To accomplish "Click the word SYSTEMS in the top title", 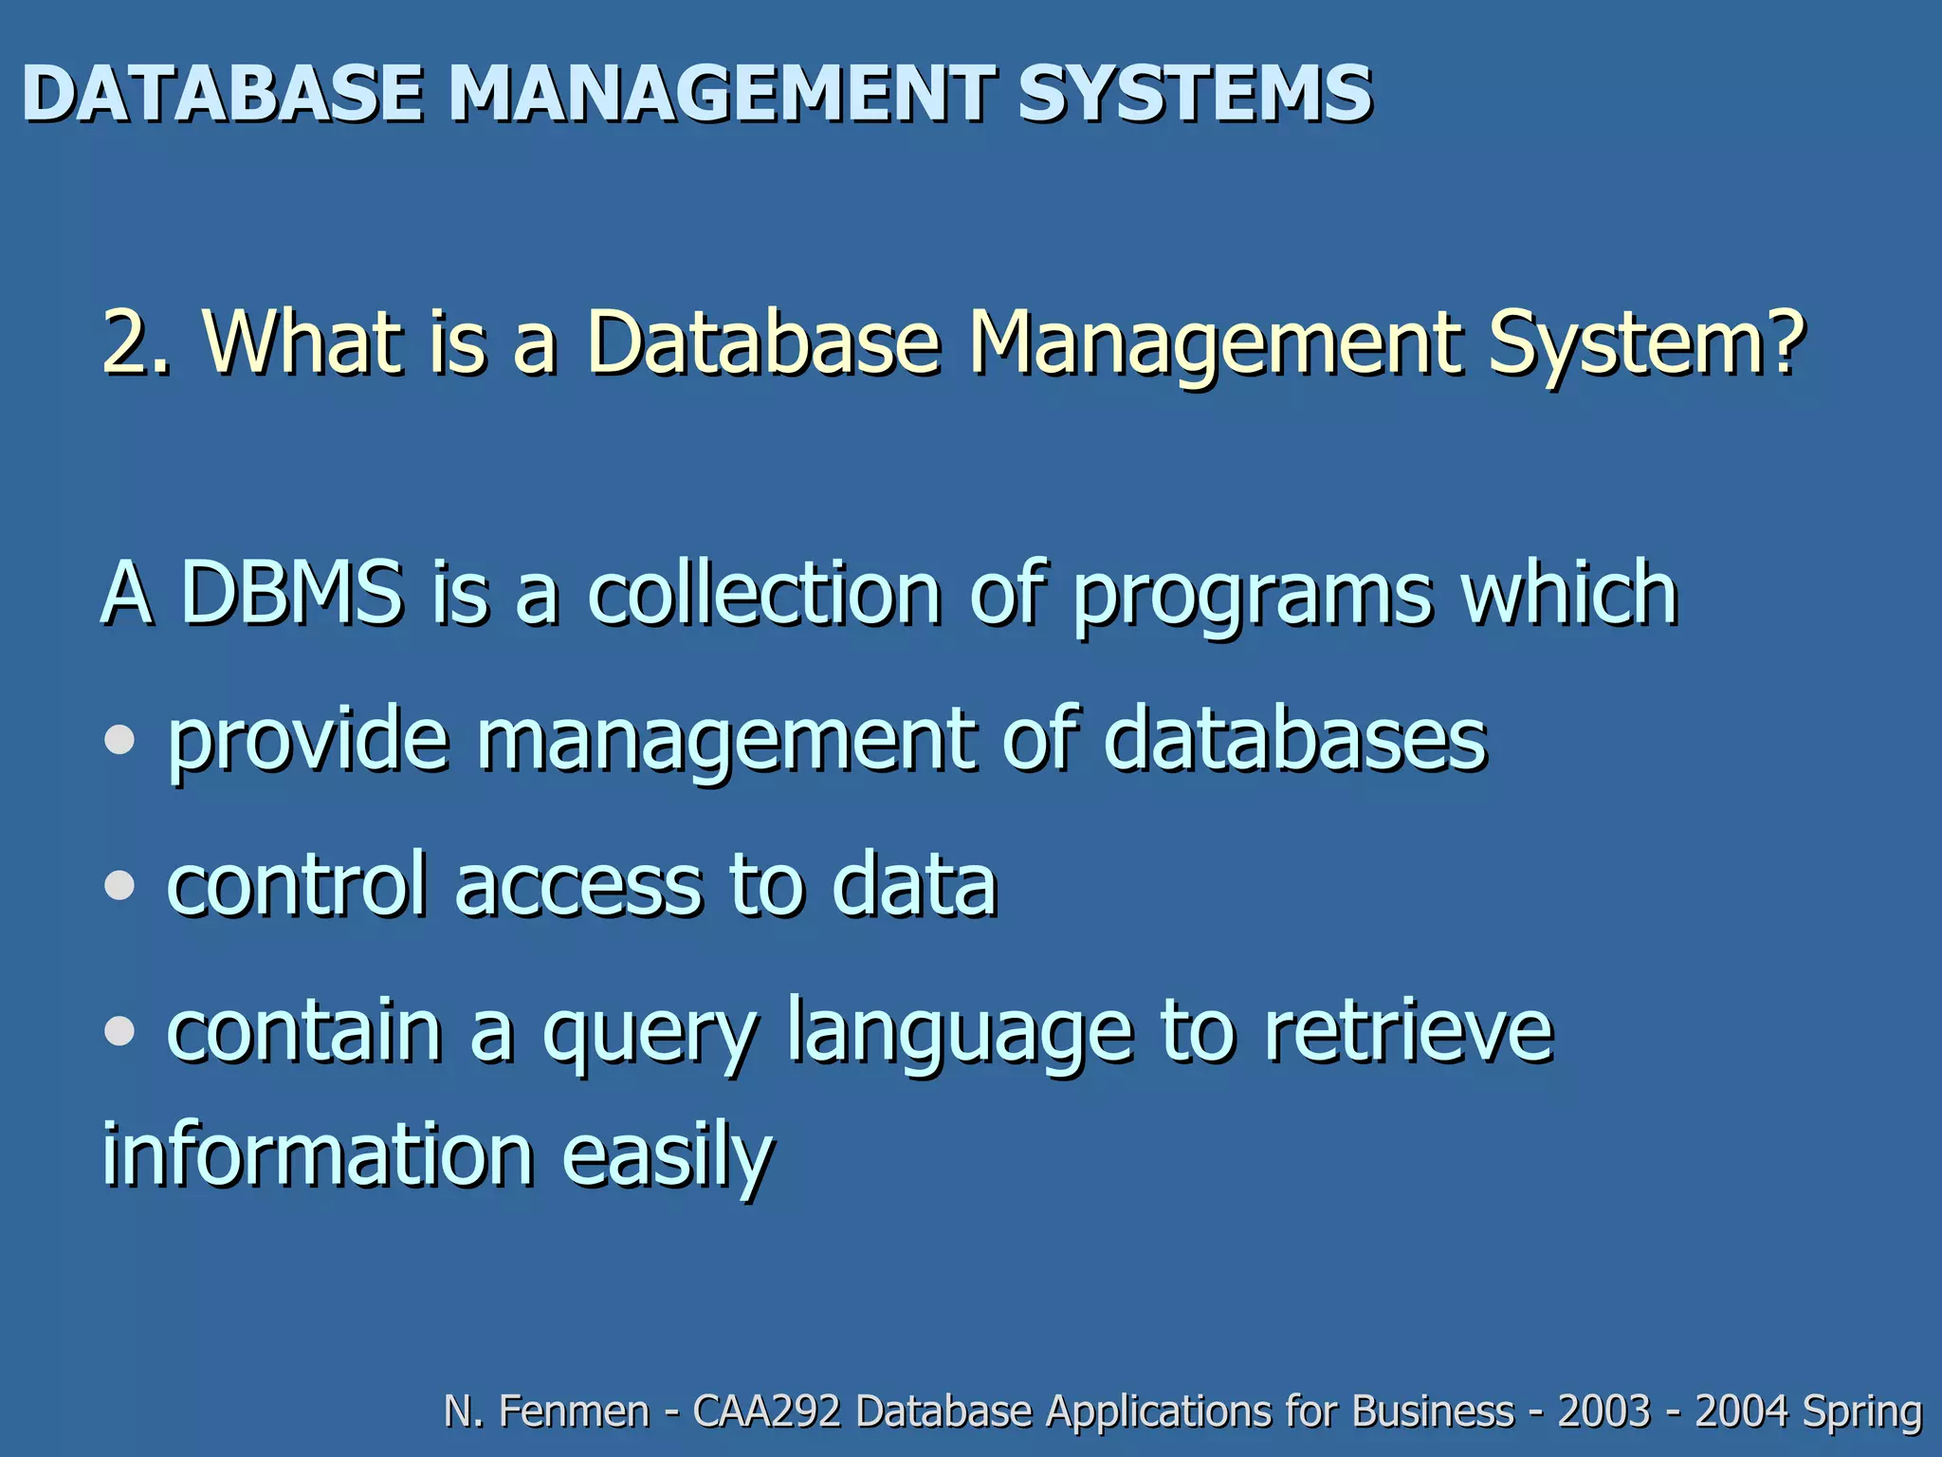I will point(1194,94).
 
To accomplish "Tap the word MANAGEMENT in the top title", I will point(721,94).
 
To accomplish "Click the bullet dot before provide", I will point(119,740).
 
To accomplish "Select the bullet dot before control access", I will point(119,885).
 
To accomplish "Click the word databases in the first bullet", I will point(1295,740).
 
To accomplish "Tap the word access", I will point(578,887).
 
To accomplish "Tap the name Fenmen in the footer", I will point(574,1411).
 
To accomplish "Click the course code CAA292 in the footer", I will point(767,1411).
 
